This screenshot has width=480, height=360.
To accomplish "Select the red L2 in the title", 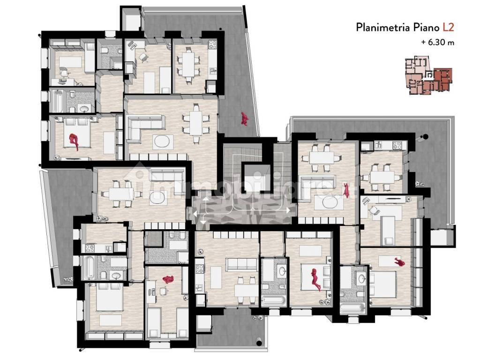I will click(x=448, y=27).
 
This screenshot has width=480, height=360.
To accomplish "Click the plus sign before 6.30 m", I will click(x=423, y=42).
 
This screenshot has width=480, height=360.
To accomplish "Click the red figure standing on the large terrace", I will click(x=244, y=119).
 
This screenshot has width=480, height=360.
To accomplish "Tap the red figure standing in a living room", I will click(x=346, y=190).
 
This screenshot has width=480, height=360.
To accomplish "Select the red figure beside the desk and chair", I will click(x=168, y=279).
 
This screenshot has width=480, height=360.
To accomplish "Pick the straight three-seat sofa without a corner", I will click(x=240, y=264).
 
